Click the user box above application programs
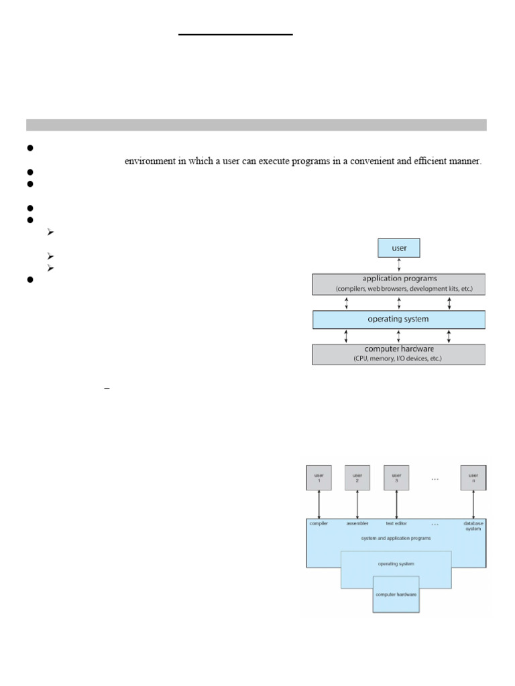click(398, 248)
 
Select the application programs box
click(398, 284)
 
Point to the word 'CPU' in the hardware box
click(364, 359)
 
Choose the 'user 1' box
click(319, 477)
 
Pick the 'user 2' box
click(357, 477)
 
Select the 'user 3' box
click(396, 477)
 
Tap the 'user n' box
click(473, 477)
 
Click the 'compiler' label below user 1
click(319, 523)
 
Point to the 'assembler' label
click(357, 523)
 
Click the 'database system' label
click(473, 526)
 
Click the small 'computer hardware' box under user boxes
click(396, 595)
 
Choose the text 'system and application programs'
click(396, 538)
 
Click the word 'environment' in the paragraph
click(149, 161)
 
